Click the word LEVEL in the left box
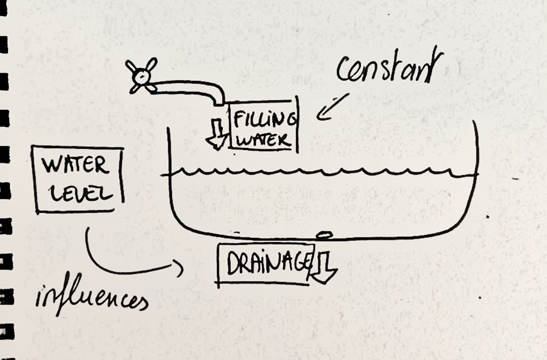[81, 193]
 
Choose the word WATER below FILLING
[263, 140]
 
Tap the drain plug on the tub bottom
[324, 235]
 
